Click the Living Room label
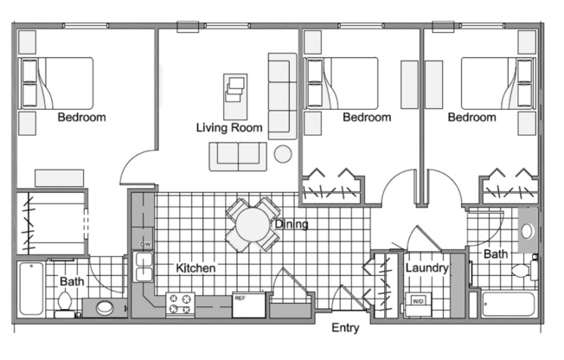click(x=229, y=128)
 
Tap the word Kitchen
click(x=195, y=268)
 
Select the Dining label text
click(x=291, y=225)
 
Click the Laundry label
click(x=426, y=268)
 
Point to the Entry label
click(x=346, y=328)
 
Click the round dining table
click(x=253, y=223)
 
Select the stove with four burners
click(x=180, y=304)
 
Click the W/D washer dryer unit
click(x=418, y=303)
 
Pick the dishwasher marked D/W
click(x=144, y=244)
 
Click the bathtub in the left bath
click(x=31, y=288)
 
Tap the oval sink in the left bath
click(x=105, y=307)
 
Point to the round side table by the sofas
click(x=283, y=154)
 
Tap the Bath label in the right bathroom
click(x=496, y=254)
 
